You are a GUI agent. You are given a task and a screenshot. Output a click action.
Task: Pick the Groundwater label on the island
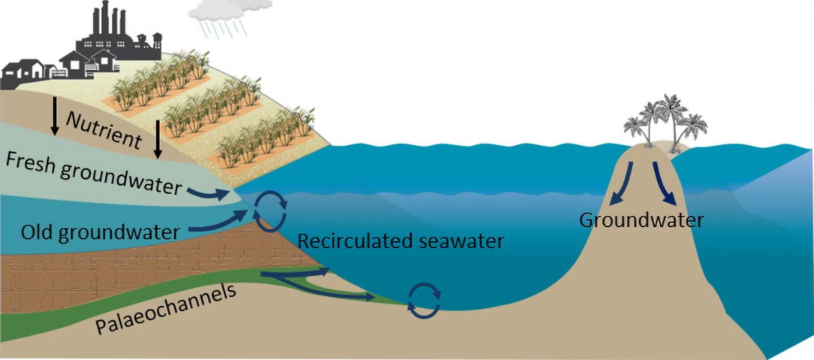click(641, 220)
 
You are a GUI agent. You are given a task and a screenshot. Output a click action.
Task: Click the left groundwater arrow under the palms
click(621, 182)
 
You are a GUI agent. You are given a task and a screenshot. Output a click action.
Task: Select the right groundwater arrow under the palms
click(664, 182)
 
